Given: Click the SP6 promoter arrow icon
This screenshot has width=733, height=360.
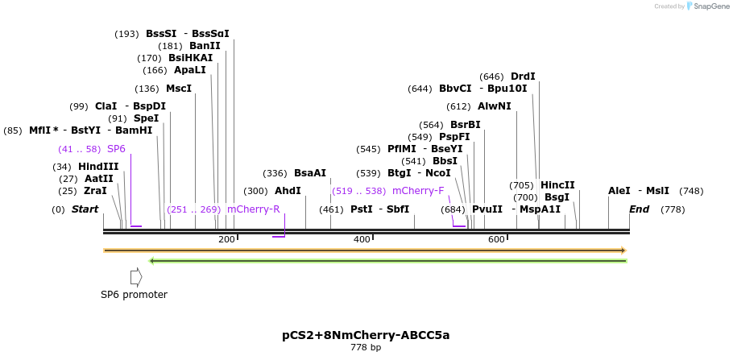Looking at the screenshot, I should (x=136, y=276).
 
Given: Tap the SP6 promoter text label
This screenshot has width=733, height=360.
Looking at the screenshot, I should (x=134, y=295).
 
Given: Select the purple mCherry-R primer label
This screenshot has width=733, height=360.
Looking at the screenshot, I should (x=253, y=209).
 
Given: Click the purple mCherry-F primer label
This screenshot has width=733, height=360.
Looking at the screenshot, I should (x=418, y=191).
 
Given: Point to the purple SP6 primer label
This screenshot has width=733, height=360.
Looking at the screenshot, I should (x=116, y=149).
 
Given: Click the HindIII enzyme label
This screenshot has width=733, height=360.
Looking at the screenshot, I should (x=98, y=167).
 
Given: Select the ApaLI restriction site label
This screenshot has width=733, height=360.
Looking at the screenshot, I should (x=190, y=70).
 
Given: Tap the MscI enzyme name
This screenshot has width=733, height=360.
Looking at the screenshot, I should (x=179, y=89).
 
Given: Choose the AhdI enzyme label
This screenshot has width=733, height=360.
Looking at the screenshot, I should (x=288, y=191).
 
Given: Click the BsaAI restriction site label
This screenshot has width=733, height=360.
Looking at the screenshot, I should (x=310, y=173).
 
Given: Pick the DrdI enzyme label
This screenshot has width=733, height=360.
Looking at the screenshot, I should (x=523, y=77).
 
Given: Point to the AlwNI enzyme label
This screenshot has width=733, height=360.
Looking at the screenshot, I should (x=494, y=106).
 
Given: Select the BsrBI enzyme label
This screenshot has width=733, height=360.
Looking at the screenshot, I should (x=465, y=125).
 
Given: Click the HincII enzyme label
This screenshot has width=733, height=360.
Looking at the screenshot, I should (x=557, y=185).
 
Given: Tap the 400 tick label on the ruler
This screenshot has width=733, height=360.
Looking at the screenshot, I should (x=362, y=239).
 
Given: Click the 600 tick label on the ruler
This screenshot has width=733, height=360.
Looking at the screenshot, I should (x=496, y=239).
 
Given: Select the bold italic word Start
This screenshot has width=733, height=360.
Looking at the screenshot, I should (x=85, y=209).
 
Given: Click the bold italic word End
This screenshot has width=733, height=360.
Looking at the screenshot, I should (x=639, y=209).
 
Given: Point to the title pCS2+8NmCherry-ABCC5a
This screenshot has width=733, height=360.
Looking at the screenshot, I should (x=366, y=335).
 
